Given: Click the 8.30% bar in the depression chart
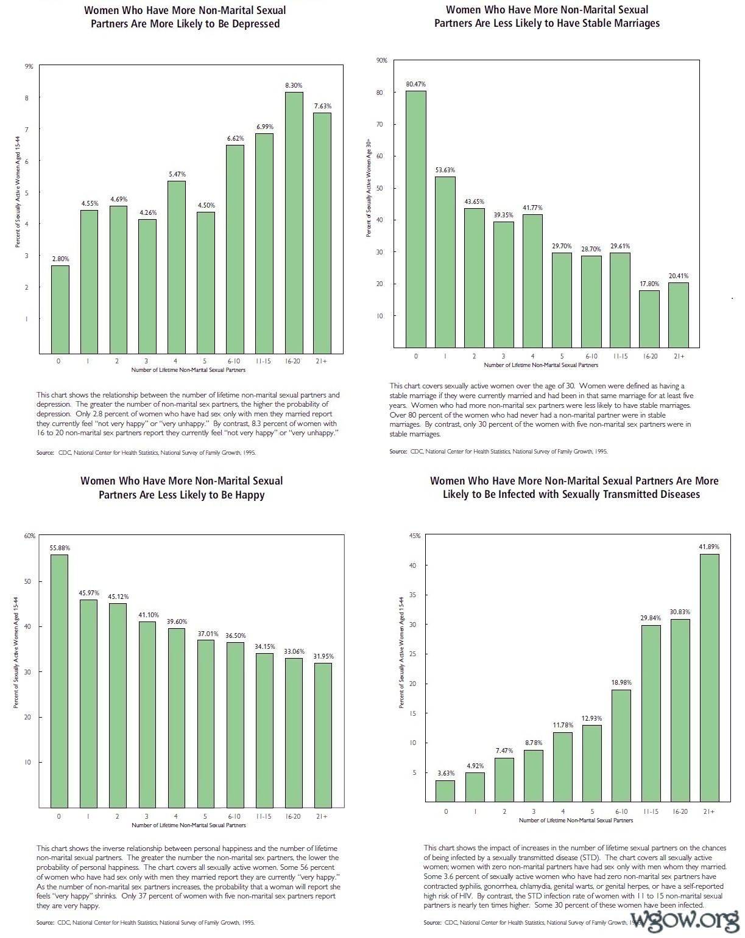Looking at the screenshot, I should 294,222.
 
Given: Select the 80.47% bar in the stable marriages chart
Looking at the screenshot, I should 416,219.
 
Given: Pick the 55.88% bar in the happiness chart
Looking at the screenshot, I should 59,681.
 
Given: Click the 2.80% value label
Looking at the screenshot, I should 60,259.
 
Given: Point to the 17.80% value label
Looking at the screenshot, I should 649,284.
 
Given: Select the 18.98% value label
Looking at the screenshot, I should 621,682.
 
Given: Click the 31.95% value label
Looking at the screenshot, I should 323,656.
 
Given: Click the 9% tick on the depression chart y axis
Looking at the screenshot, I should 29,66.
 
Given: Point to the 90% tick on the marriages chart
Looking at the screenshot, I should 382,60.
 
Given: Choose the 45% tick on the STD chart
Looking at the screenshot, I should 414,536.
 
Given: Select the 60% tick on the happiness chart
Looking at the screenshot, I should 30,536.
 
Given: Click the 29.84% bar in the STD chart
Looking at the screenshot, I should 651,713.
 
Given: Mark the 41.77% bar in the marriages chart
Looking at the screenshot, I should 532,281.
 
